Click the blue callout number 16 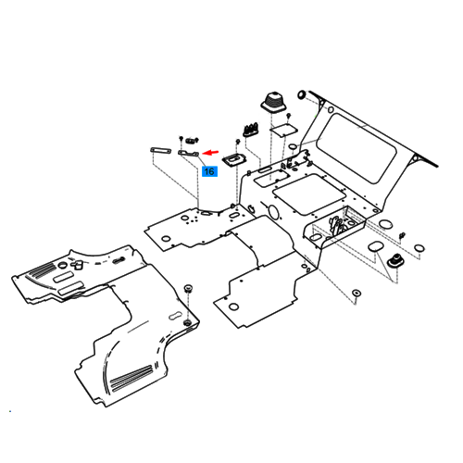click(x=209, y=171)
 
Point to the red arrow click(x=210, y=152)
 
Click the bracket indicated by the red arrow click(x=189, y=153)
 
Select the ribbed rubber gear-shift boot click(x=274, y=101)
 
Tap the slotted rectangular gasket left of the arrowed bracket click(x=160, y=151)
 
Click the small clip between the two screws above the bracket click(x=191, y=141)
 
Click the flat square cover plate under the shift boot click(x=283, y=130)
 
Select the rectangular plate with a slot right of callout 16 click(x=234, y=160)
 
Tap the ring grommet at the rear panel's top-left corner click(x=301, y=94)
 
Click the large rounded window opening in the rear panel click(x=357, y=147)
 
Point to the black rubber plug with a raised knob click(x=395, y=261)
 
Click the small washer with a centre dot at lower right click(x=357, y=293)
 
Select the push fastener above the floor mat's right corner click(x=188, y=289)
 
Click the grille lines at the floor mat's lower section click(x=131, y=377)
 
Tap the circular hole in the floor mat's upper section click(x=63, y=265)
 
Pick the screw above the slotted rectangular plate click(x=238, y=142)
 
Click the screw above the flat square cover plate click(x=289, y=116)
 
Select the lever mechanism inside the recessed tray click(x=337, y=224)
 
